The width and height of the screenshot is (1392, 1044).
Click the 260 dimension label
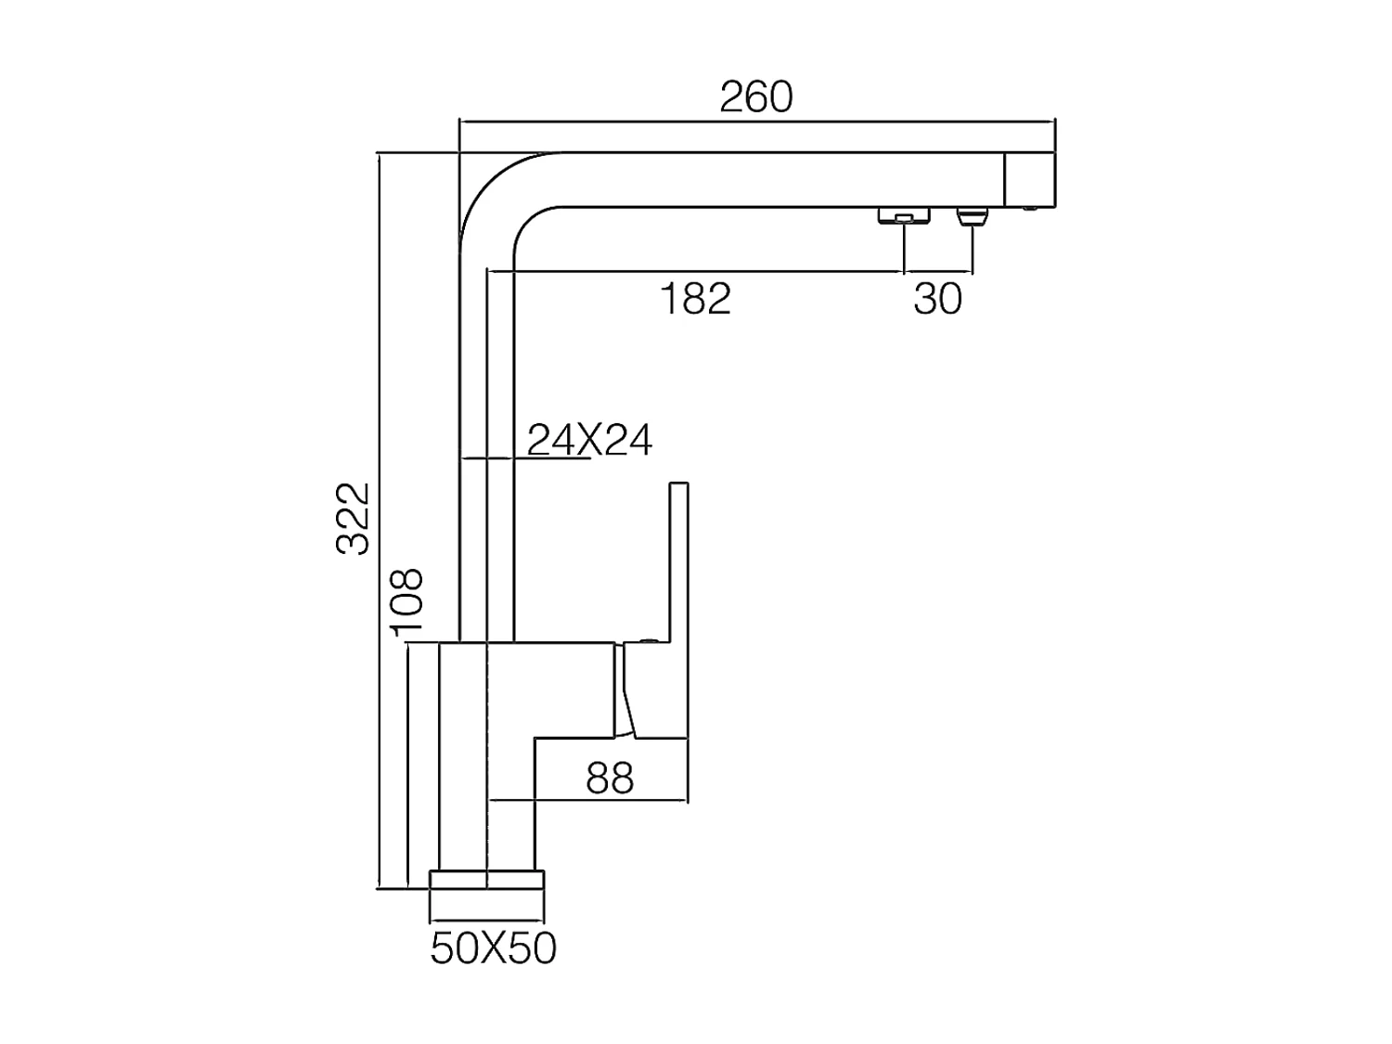756,97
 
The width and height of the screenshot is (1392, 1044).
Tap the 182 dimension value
695,299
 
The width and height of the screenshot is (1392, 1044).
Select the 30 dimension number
937,299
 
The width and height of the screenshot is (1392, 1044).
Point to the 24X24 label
590,439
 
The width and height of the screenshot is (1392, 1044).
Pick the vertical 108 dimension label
407,602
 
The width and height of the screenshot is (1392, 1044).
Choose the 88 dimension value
610,779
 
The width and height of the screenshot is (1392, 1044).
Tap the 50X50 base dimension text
493,948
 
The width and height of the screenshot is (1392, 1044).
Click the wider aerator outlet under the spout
903,216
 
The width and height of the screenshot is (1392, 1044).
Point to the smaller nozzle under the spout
972,218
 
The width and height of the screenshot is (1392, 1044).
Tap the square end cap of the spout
1030,179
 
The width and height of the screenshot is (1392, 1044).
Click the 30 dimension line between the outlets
937,273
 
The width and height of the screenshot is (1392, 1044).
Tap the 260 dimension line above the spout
756,121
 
